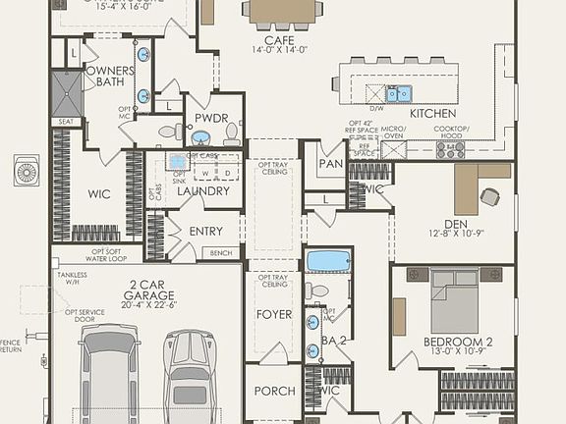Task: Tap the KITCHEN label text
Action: click(x=432, y=114)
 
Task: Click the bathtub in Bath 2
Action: click(x=327, y=261)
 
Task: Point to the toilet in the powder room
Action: click(x=168, y=131)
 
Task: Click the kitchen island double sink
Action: click(x=398, y=94)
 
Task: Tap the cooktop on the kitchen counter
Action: click(x=450, y=149)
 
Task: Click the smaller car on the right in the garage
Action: click(x=190, y=377)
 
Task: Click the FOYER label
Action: click(x=274, y=315)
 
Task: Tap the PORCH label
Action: click(x=274, y=391)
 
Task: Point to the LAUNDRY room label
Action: click(x=203, y=191)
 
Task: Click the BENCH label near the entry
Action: click(x=219, y=253)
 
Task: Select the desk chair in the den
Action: click(x=489, y=196)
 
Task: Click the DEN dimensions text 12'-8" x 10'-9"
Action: click(x=457, y=234)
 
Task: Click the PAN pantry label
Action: click(x=331, y=164)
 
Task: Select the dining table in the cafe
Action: click(x=283, y=10)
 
